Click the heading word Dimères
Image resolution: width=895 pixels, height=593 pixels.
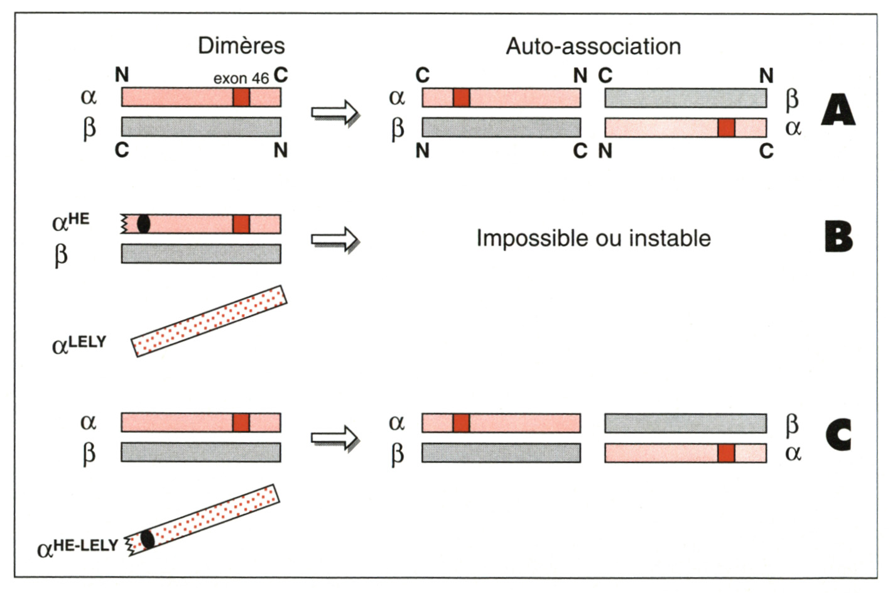241,46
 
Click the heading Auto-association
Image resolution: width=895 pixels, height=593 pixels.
594,46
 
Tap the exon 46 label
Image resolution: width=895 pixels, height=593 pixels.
241,79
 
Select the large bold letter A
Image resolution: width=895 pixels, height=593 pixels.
838,111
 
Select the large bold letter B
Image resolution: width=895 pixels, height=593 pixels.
838,237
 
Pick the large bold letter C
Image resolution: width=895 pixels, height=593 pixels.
838,435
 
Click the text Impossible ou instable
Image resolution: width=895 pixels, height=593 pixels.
594,239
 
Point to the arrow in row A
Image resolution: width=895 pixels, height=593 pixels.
335,113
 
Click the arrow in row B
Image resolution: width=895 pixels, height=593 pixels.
335,239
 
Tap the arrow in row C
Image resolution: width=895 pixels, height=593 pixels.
335,438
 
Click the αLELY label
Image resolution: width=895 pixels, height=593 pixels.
79,345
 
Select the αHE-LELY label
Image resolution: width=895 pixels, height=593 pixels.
78,548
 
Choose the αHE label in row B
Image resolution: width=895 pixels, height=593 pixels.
70,222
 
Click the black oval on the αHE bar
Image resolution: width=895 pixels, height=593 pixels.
144,224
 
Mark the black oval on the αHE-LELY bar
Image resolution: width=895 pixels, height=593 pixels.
148,539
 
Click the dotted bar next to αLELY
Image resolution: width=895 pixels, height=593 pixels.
209,321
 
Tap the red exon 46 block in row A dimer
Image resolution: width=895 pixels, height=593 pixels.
241,97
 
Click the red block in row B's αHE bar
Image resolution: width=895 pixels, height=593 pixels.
241,224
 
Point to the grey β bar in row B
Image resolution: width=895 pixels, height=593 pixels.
201,254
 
